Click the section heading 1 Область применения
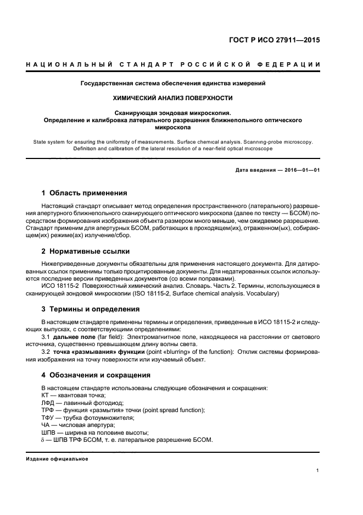tap(85, 193)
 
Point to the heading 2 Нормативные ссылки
tap(86, 251)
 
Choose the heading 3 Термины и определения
tap(91, 309)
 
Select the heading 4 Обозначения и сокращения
tap(96, 375)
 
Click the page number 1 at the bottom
tap(318, 470)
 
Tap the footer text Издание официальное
tap(57, 458)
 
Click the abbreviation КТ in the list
tap(46, 396)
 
